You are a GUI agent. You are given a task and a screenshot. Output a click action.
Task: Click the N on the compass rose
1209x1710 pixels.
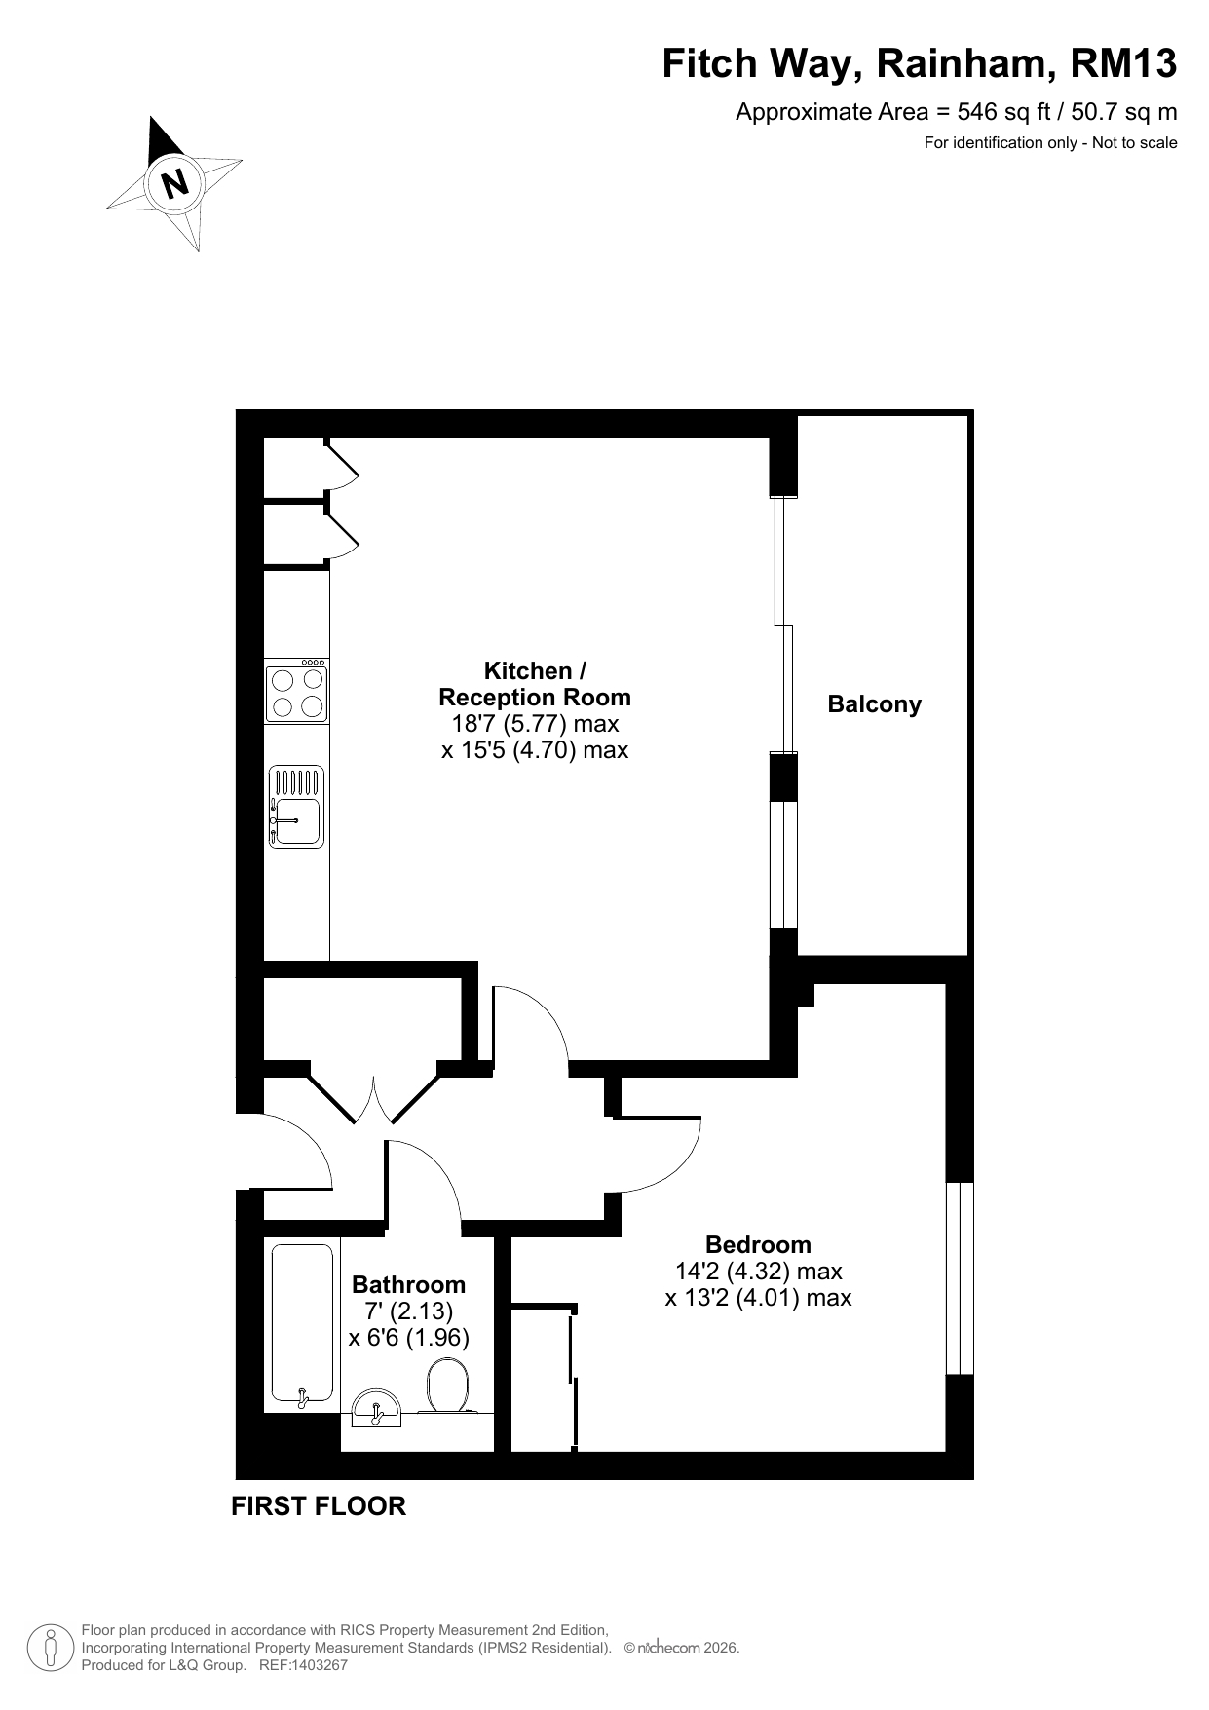tap(175, 182)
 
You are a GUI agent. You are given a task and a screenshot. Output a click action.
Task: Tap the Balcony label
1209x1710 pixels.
tap(874, 704)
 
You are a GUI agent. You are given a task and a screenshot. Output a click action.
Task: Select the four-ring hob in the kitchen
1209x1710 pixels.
tap(297, 691)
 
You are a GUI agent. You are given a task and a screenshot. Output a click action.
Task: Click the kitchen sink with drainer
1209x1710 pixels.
tap(297, 807)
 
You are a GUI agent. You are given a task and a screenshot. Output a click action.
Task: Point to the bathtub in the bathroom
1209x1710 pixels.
tap(302, 1325)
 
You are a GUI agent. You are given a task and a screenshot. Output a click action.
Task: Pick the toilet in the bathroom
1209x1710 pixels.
tap(448, 1386)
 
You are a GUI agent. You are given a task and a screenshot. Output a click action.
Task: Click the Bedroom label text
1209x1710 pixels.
tap(758, 1244)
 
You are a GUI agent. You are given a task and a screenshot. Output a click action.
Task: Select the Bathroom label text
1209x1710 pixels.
tap(408, 1284)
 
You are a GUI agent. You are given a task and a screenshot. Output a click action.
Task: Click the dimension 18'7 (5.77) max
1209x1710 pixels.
tap(535, 724)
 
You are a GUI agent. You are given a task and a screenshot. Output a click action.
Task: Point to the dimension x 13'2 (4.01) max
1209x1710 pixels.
tap(758, 1298)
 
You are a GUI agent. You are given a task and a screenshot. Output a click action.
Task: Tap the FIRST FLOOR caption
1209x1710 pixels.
tap(319, 1506)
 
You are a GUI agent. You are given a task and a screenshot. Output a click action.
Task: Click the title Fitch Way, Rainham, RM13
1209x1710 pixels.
tap(920, 64)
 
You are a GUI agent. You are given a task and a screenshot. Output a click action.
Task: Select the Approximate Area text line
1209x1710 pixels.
tap(956, 112)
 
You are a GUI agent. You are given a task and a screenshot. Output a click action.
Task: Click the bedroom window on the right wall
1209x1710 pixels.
tap(960, 1277)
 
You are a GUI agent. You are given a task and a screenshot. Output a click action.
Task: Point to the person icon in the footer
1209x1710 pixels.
tap(51, 1648)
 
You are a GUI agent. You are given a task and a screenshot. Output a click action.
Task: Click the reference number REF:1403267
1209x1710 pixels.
tap(303, 1665)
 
